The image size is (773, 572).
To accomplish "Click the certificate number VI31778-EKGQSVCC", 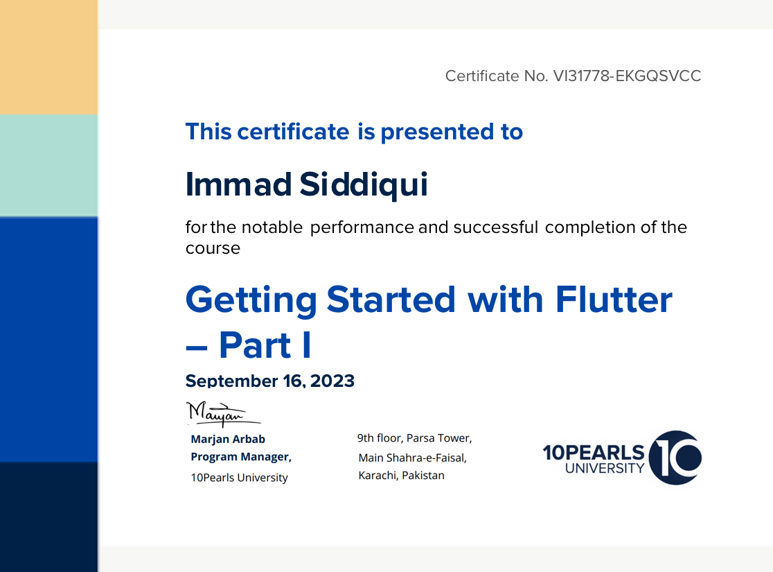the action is tap(627, 76).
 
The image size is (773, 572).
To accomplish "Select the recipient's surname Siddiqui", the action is tap(364, 184).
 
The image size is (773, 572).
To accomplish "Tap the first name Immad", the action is tap(238, 184).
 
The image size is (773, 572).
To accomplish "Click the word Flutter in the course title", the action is tap(614, 300).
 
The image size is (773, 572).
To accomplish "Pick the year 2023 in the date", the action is tap(332, 381).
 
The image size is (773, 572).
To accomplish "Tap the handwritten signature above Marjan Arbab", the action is tap(223, 414).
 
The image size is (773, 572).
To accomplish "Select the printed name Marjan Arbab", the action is tap(228, 440).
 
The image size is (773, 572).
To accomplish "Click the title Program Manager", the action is tap(240, 457).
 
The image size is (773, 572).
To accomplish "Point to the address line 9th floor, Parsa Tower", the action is tap(415, 438).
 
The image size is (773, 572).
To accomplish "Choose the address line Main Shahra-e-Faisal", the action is tap(413, 458).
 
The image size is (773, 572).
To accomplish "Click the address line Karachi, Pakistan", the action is tap(401, 475).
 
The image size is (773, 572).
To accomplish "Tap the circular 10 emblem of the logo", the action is tap(675, 458).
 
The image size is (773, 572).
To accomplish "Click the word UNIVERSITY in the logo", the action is tap(605, 469).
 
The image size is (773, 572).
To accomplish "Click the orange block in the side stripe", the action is tap(48, 58).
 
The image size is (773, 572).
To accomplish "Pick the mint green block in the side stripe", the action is tap(48, 165).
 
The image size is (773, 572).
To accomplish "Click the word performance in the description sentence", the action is tap(362, 227).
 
